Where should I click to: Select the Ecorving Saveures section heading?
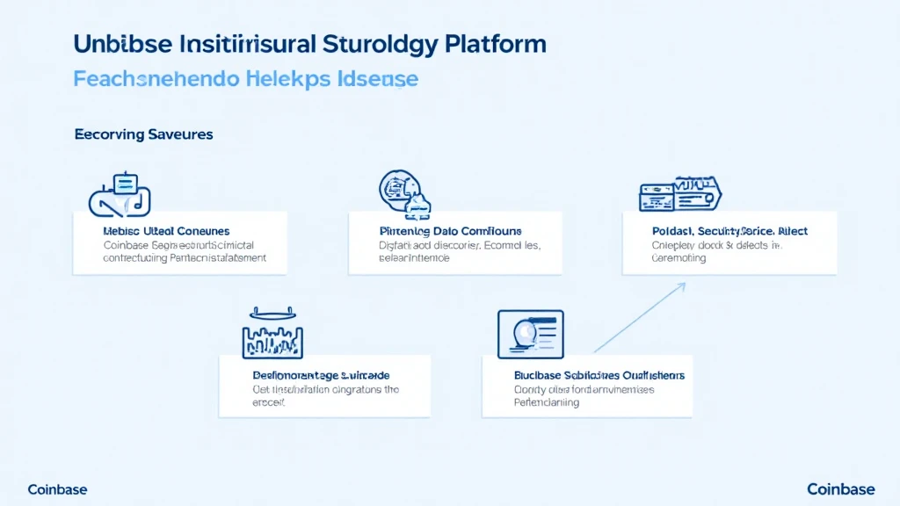coord(143,135)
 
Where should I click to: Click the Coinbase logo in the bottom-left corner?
coord(57,489)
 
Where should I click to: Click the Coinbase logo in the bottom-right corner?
coord(841,489)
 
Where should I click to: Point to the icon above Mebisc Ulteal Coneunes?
coord(120,193)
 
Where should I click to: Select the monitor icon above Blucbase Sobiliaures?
coord(530,333)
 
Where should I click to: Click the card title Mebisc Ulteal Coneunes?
coord(166,231)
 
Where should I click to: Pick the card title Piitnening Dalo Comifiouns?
coord(449,231)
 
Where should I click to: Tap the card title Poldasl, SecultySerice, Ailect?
coord(729,231)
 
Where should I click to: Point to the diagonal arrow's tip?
coord(685,284)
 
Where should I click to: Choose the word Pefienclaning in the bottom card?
coord(547,402)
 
